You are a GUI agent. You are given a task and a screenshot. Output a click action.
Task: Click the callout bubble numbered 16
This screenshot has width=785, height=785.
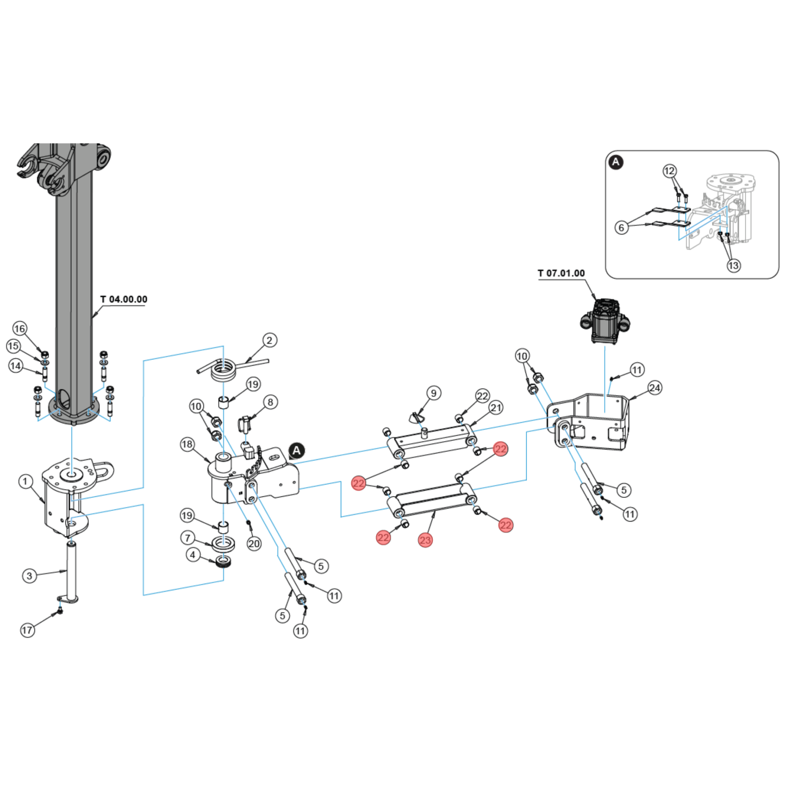coord(20,328)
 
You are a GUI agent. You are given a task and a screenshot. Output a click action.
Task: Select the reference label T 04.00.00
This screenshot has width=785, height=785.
coord(123,299)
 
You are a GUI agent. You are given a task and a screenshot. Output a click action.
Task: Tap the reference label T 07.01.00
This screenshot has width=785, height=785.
coord(561,273)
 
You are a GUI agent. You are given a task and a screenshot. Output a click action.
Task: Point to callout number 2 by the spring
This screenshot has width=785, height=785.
coord(269,340)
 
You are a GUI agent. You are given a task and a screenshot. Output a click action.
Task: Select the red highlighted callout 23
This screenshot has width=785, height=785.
coord(425,540)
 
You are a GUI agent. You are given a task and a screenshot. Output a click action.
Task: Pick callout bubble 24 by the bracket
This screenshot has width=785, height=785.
coord(655,388)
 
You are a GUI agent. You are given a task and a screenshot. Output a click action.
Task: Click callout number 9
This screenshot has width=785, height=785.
coord(433,393)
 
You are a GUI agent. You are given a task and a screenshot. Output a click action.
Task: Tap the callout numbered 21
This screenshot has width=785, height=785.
coord(496,408)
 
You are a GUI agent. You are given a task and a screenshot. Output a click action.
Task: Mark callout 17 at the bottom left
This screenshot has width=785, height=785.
coord(27,630)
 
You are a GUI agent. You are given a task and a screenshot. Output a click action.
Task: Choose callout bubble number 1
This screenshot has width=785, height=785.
coord(25,481)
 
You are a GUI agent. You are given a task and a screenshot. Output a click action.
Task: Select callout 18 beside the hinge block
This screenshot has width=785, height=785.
coord(187,444)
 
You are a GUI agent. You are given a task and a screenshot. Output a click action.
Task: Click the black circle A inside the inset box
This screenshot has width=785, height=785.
coord(616,162)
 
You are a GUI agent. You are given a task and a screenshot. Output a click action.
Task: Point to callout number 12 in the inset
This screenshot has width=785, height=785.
coord(669,171)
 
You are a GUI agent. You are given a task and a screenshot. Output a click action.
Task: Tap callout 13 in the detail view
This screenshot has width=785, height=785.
coord(733,266)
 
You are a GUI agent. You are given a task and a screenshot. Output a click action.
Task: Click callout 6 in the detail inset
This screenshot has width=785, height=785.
coord(621,227)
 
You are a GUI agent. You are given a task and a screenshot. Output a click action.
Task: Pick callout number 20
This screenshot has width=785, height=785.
coord(254,544)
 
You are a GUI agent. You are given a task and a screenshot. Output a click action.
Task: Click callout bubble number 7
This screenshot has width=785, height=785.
coord(188,538)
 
